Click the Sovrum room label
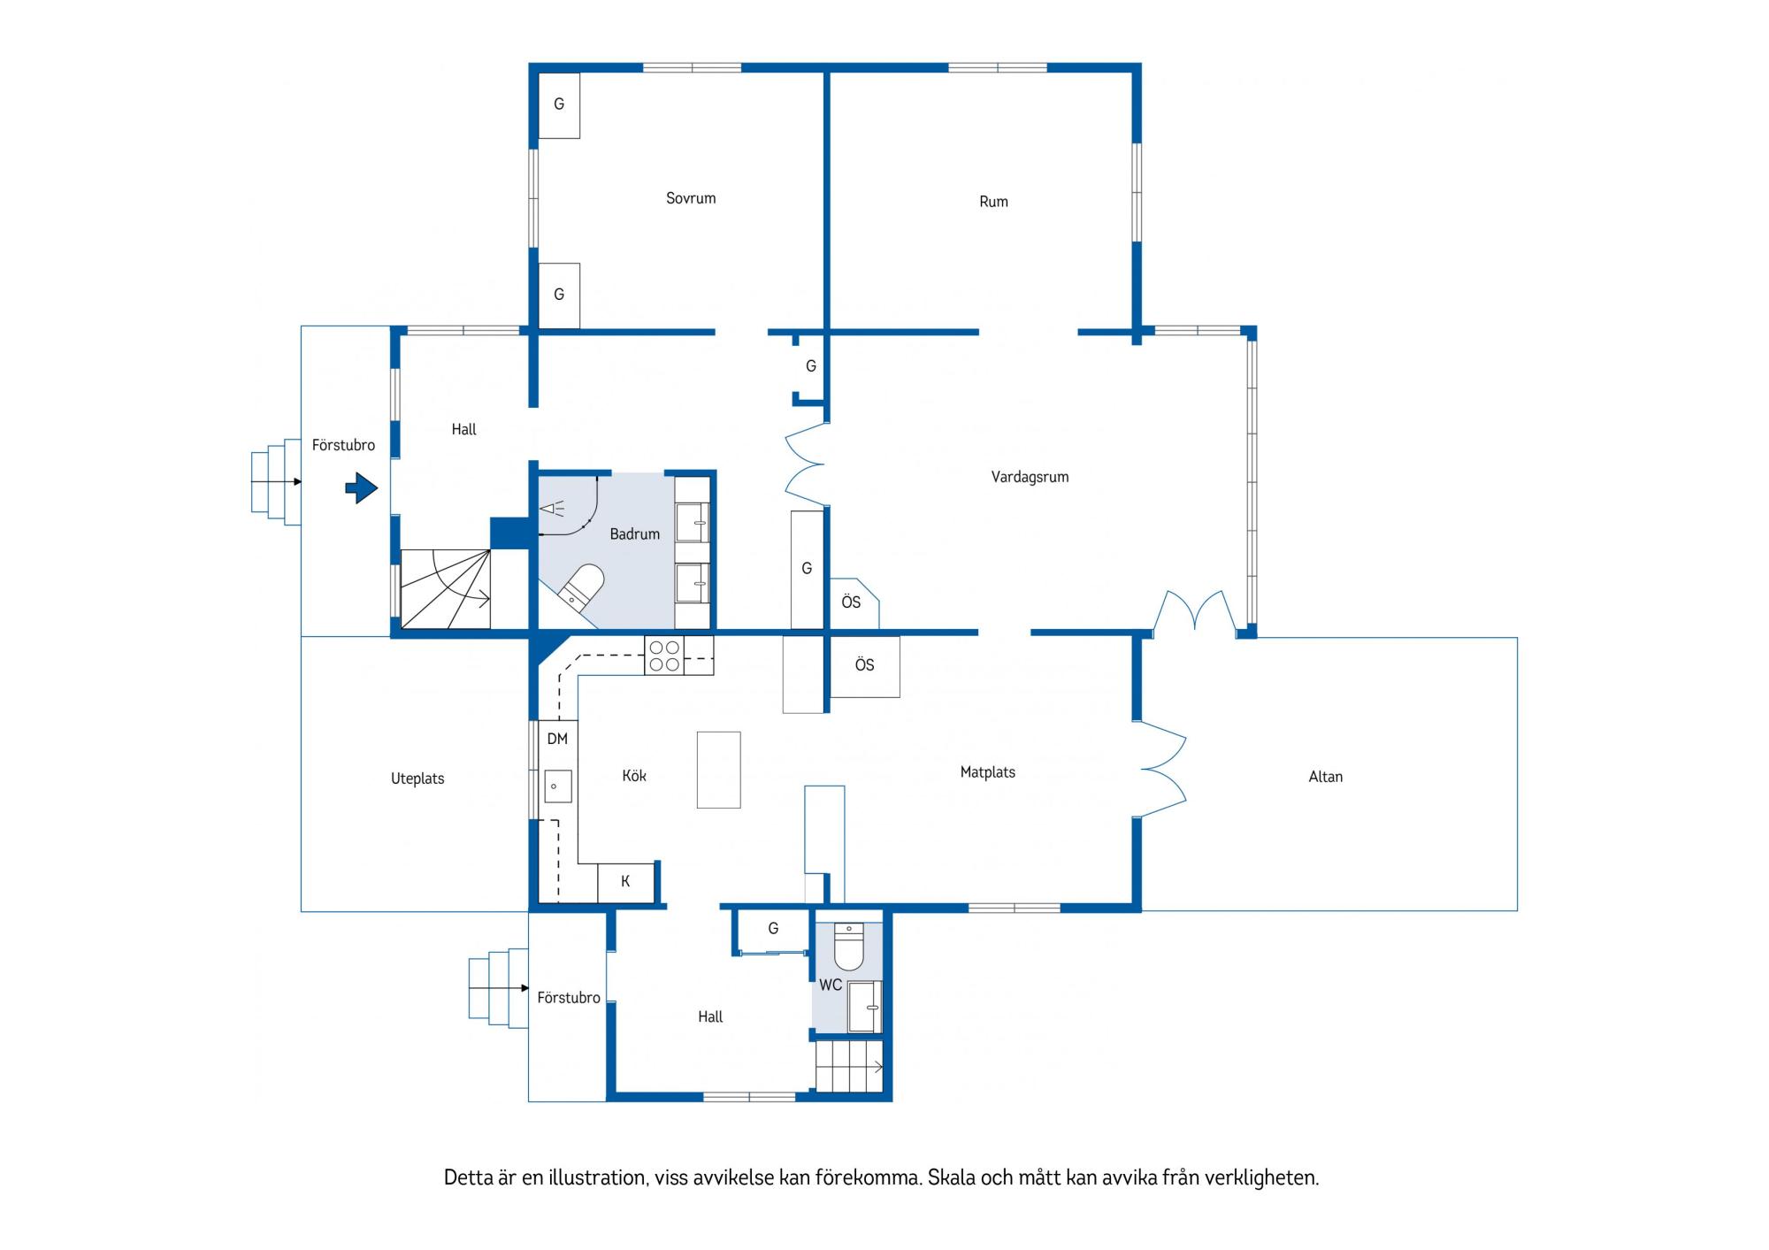[x=691, y=198]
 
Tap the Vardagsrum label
[x=1030, y=477]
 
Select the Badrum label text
[x=634, y=533]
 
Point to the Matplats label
[x=987, y=772]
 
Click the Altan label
[x=1325, y=777]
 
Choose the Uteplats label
[x=417, y=778]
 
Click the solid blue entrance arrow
[x=361, y=487]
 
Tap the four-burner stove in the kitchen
[x=664, y=656]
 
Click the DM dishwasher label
[x=557, y=739]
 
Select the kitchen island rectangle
[x=718, y=770]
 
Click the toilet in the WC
[x=848, y=947]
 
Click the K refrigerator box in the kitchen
[x=625, y=882]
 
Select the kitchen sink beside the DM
[x=557, y=786]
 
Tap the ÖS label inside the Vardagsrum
[x=851, y=602]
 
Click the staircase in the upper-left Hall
[x=446, y=589]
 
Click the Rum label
[x=993, y=202]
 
